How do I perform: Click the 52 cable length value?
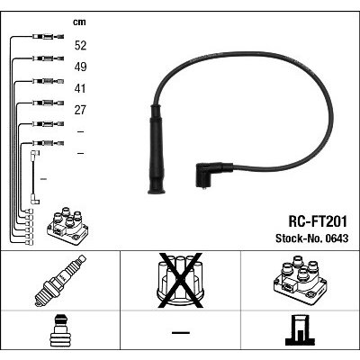click(x=80, y=45)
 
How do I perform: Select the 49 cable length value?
click(x=80, y=67)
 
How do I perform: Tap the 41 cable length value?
click(x=80, y=88)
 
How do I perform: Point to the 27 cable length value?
click(x=80, y=110)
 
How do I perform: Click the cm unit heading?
click(x=79, y=22)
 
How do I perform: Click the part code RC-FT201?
click(x=318, y=221)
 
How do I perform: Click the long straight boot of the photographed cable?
click(x=156, y=149)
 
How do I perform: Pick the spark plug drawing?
click(x=60, y=281)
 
